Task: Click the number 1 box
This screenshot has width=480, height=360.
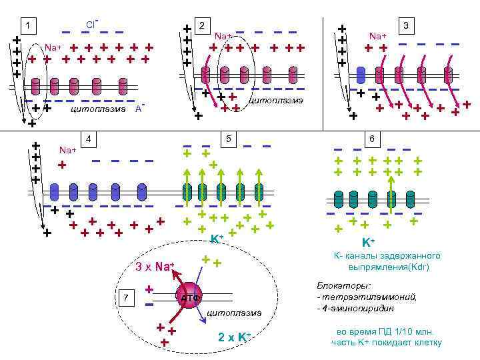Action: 27,26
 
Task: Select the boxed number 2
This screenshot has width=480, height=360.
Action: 201,25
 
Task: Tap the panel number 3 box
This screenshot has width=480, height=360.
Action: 406,25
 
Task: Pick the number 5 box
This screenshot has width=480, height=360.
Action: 228,139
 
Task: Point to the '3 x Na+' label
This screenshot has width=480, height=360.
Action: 154,268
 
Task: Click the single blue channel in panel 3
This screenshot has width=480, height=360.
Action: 361,75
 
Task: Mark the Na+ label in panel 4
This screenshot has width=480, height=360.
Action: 67,149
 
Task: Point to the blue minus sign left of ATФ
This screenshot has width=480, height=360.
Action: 149,305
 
